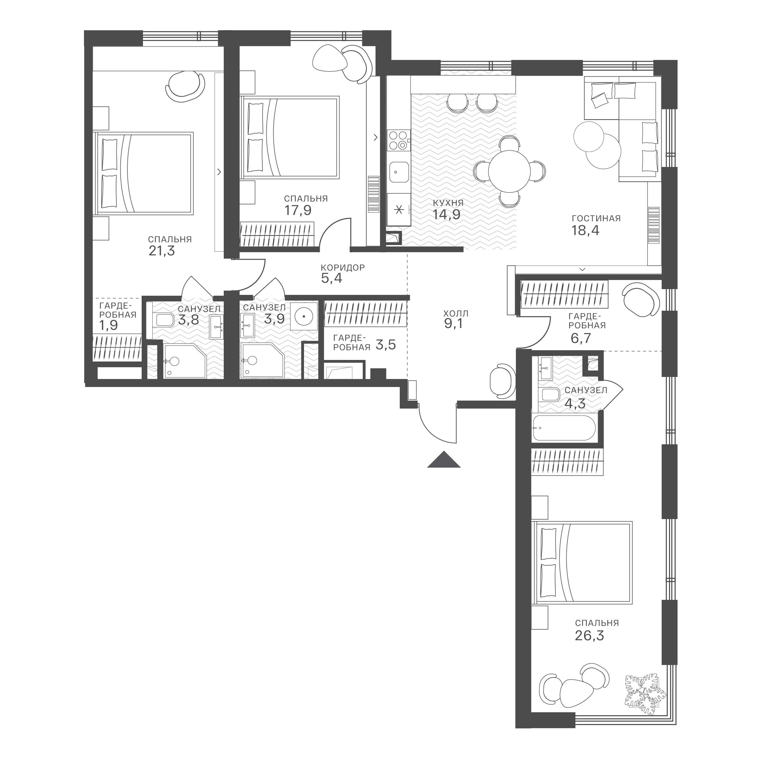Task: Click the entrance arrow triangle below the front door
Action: click(444, 460)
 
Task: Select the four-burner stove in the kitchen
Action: click(398, 140)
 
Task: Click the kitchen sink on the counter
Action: click(399, 172)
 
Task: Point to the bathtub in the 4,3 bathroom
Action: click(563, 428)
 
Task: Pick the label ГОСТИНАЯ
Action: click(596, 218)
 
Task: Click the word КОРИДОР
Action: click(343, 268)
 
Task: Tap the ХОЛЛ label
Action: click(456, 313)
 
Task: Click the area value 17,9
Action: click(298, 210)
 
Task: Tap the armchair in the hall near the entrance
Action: click(502, 381)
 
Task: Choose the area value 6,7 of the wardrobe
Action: click(581, 338)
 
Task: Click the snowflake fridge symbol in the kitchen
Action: click(399, 210)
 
